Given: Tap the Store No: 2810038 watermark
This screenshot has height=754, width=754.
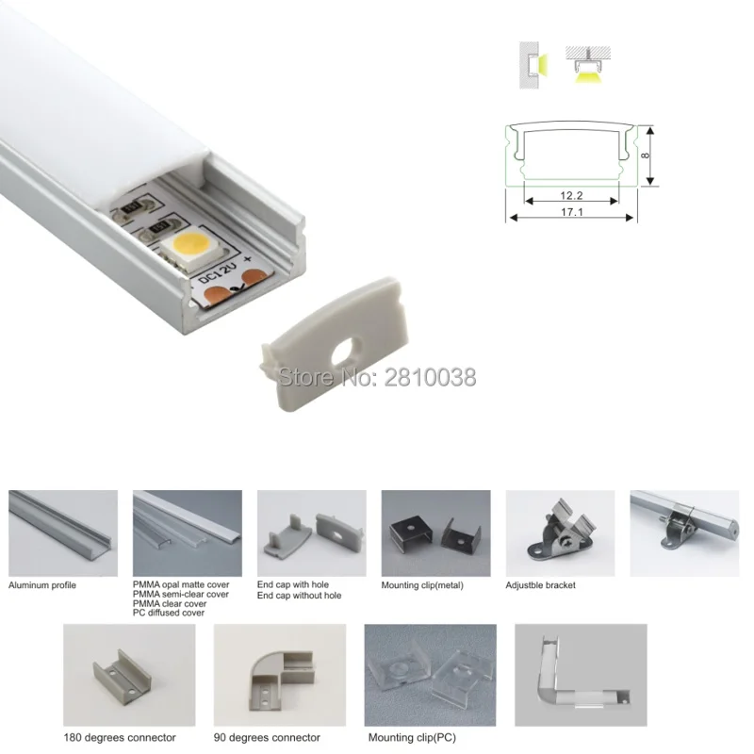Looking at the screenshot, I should click(376, 378).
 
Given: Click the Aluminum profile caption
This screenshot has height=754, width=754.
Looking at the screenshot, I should click(42, 585).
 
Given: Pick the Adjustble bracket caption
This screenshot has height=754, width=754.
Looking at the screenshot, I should click(541, 585).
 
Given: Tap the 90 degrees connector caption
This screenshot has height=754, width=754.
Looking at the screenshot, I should click(268, 737).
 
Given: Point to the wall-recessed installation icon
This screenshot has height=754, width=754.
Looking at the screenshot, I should click(533, 65).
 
